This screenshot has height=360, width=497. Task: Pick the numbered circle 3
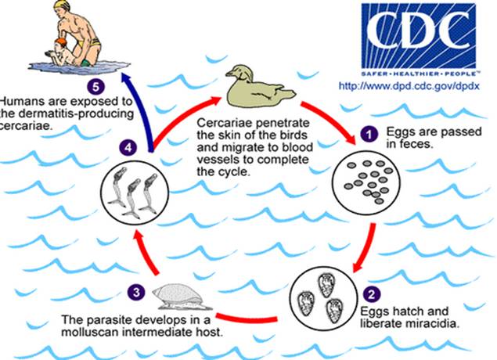[x=137, y=293]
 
